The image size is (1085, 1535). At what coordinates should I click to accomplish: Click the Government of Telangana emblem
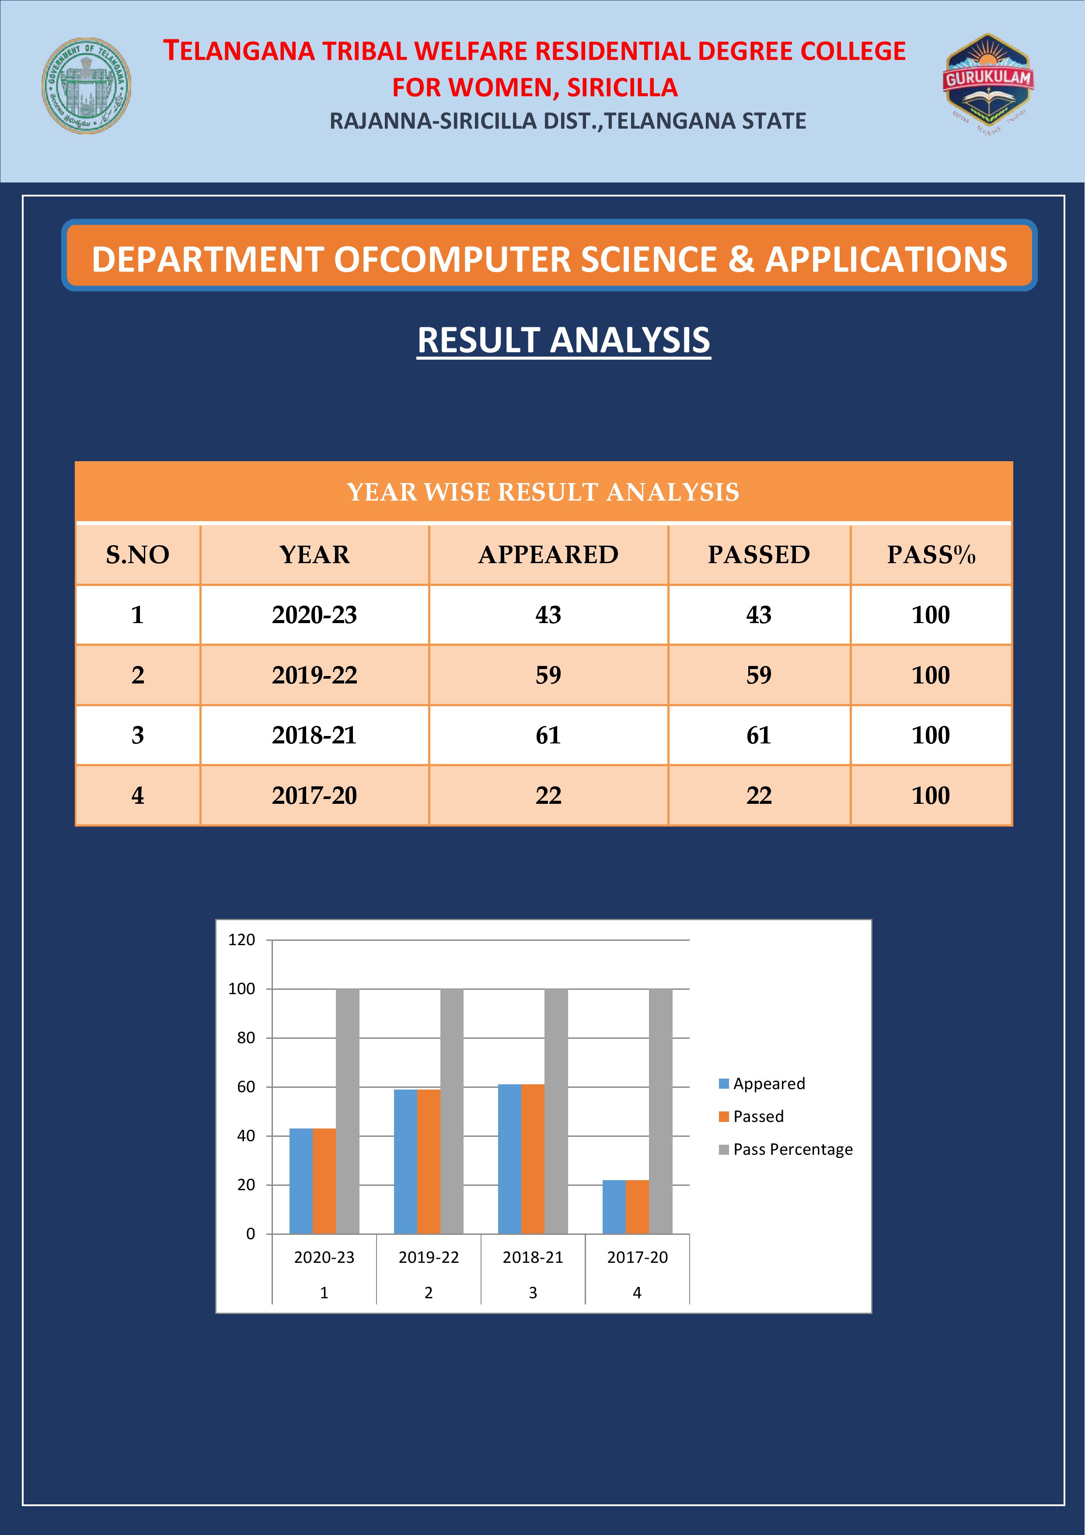point(86,86)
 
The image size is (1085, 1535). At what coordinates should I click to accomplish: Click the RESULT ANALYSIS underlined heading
point(564,340)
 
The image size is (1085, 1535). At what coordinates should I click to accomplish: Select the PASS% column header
point(931,555)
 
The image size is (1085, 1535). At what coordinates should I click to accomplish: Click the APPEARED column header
point(548,555)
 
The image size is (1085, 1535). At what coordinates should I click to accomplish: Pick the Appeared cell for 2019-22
point(548,675)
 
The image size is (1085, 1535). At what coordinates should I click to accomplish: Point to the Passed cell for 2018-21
point(759,736)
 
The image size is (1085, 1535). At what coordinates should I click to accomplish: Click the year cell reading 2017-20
point(315,796)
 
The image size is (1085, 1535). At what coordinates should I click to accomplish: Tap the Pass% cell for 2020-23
point(931,615)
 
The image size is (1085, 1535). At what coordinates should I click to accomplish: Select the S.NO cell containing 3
point(138,736)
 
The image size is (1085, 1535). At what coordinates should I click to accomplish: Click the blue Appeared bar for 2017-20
point(614,1207)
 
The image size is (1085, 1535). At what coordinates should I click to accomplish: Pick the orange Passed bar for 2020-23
point(324,1181)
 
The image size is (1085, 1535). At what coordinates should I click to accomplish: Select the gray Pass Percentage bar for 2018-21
point(556,1111)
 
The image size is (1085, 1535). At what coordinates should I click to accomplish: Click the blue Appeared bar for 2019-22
point(405,1162)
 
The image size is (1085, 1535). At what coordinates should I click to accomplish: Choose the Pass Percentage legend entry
point(786,1149)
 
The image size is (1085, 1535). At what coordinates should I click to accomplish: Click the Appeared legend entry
point(762,1084)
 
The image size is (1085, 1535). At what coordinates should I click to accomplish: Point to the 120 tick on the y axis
point(242,940)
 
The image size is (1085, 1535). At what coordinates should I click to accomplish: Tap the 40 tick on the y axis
point(246,1136)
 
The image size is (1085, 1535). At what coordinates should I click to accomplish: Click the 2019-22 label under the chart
point(429,1258)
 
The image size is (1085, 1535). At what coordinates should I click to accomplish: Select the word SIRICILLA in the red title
point(623,88)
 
